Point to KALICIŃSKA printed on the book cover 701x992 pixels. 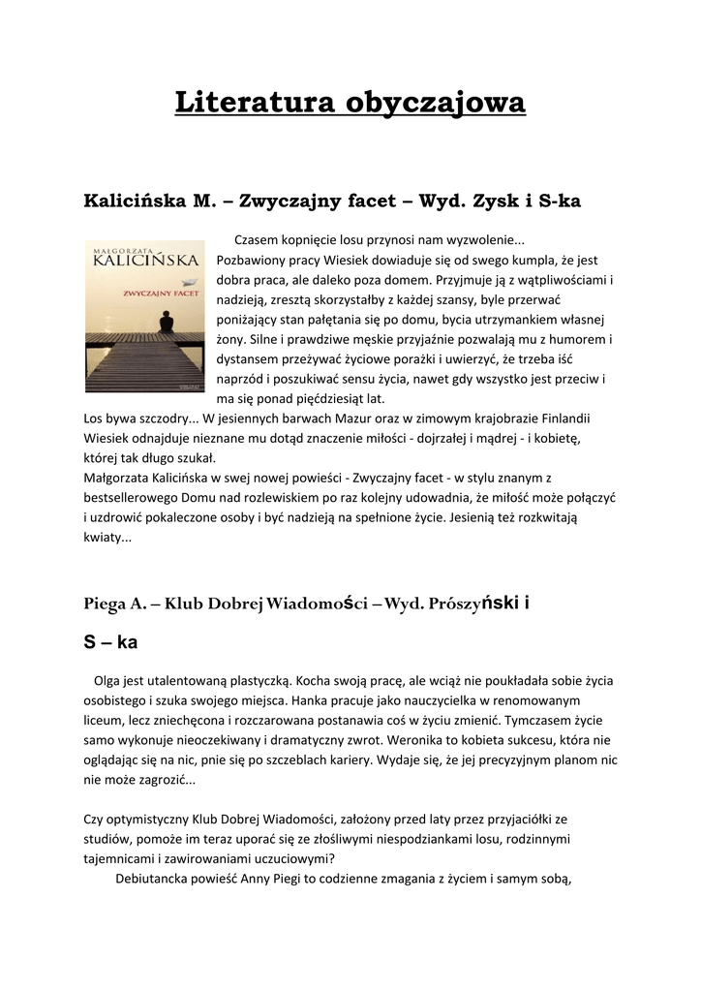click(x=145, y=259)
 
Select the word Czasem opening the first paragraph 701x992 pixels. click(x=259, y=240)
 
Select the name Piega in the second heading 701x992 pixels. click(x=105, y=604)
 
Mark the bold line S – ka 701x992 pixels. click(x=111, y=641)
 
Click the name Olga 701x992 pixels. click(x=108, y=680)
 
